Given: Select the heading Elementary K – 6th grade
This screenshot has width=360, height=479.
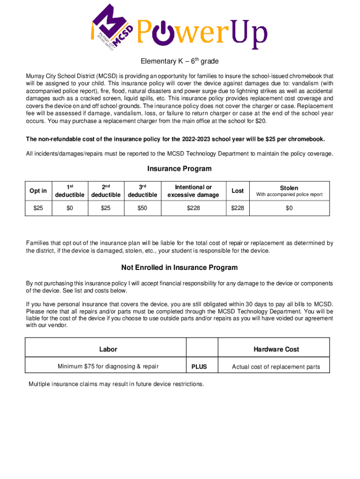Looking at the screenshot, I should pyautogui.click(x=180, y=61).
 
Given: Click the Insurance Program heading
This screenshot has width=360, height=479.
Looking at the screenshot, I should pyautogui.click(x=180, y=169).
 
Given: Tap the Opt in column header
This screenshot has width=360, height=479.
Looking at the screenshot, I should pyautogui.click(x=38, y=191).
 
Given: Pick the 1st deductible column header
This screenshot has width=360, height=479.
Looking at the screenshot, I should pyautogui.click(x=70, y=191).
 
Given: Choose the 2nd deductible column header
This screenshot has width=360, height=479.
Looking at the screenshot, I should pyautogui.click(x=106, y=191).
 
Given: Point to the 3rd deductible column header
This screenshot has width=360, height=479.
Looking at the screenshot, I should pyautogui.click(x=142, y=191).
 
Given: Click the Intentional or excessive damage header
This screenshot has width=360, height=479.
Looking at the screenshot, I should pyautogui.click(x=193, y=191).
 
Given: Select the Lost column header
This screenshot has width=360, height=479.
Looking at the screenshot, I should pyautogui.click(x=238, y=191).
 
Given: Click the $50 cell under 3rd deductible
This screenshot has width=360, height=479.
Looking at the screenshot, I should pyautogui.click(x=142, y=208).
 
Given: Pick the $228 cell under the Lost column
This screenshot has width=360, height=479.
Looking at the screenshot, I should pyautogui.click(x=238, y=208).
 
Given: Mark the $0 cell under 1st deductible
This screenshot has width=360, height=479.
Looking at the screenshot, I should pyautogui.click(x=70, y=208).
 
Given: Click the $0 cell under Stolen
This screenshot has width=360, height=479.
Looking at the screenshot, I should pyautogui.click(x=289, y=208).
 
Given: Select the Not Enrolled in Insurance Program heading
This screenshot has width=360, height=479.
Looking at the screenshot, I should pyautogui.click(x=180, y=268).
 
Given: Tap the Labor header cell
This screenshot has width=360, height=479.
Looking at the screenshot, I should pyautogui.click(x=108, y=349).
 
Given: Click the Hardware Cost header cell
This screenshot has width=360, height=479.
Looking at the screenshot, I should pyautogui.click(x=276, y=349).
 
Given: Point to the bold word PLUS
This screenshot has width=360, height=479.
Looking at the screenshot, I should pyautogui.click(x=199, y=367).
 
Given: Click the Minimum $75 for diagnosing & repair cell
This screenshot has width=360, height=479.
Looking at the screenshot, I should pyautogui.click(x=108, y=367).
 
